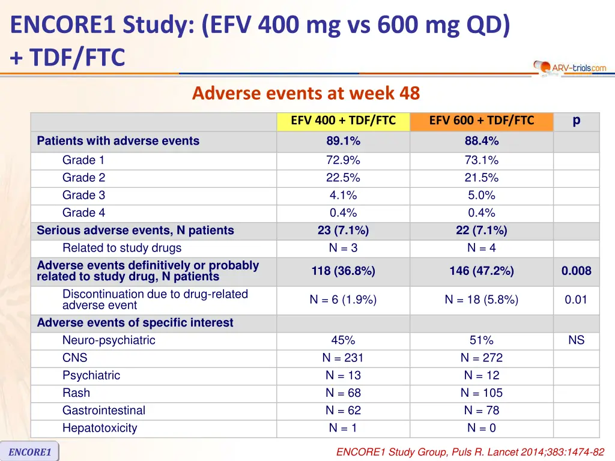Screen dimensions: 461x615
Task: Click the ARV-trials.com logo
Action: click(x=571, y=67)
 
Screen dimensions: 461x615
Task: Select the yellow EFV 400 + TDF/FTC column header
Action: click(x=343, y=121)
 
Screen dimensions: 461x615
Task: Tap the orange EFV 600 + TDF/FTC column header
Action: click(x=481, y=121)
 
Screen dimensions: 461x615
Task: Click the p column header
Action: click(x=576, y=121)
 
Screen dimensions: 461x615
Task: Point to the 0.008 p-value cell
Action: click(x=576, y=271)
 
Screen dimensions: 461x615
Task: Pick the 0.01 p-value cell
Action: click(x=576, y=300)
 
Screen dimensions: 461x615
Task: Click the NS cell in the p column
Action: click(x=576, y=340)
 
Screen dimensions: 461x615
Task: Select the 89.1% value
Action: click(x=343, y=142)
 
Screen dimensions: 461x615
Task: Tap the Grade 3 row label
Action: click(x=83, y=195)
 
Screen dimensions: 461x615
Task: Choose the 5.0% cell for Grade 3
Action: click(x=481, y=195)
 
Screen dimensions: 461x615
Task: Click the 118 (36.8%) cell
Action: click(x=343, y=271)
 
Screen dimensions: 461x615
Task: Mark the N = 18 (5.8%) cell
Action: click(x=481, y=300)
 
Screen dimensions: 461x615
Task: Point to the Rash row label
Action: click(x=76, y=393)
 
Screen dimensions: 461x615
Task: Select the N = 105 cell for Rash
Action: click(x=481, y=393)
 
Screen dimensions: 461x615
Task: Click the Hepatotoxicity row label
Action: click(x=100, y=428)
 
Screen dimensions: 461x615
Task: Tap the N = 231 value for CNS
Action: click(x=343, y=358)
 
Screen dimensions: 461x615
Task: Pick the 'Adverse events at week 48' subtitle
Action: click(x=306, y=94)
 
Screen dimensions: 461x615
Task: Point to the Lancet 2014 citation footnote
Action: click(x=470, y=452)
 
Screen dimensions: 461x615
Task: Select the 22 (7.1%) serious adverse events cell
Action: click(x=481, y=230)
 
